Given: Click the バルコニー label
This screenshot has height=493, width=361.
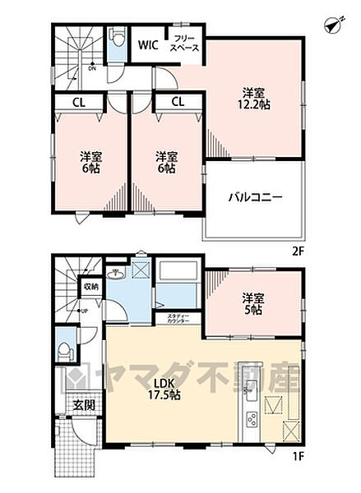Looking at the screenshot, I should coord(255,197).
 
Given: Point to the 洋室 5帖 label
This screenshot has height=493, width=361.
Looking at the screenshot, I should coord(252,304).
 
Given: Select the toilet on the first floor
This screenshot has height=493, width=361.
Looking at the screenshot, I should coord(64,348).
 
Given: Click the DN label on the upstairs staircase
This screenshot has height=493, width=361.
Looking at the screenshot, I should coord(92,68).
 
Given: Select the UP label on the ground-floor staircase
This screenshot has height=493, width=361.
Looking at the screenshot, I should coord(85,311).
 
